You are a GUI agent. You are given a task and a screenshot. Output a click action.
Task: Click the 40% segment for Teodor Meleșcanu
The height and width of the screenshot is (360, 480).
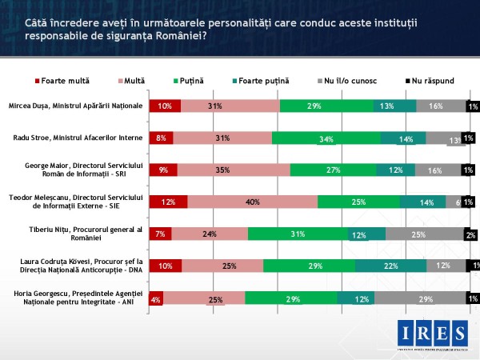click(x=252, y=202)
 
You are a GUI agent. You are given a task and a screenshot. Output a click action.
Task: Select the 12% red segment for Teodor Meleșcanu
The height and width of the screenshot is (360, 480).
click(x=169, y=202)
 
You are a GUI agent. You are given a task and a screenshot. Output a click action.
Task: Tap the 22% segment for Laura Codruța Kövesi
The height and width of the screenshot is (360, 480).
click(x=390, y=266)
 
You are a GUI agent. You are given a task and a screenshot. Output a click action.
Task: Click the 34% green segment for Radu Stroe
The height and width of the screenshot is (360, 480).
click(x=326, y=138)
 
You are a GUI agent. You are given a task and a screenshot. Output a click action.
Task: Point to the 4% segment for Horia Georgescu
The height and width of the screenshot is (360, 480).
click(x=156, y=298)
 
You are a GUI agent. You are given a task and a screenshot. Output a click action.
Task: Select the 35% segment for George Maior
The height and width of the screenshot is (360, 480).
click(x=234, y=170)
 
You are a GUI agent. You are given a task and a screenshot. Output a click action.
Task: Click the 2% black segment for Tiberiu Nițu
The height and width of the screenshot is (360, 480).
click(x=472, y=234)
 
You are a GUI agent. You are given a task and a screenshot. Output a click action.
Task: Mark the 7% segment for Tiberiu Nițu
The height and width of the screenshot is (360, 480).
click(x=161, y=234)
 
